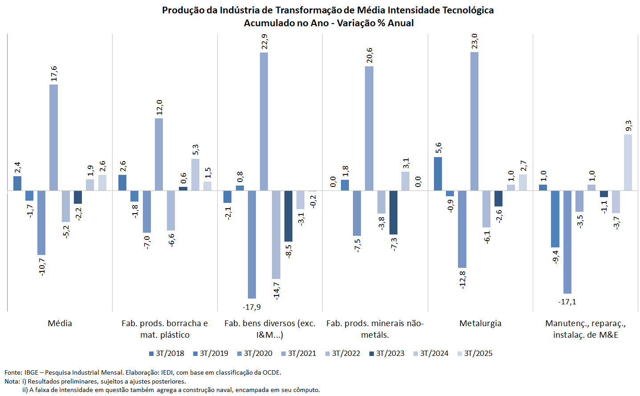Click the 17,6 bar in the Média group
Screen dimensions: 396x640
[x=53, y=137]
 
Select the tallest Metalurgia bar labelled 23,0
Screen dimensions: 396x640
[x=474, y=121]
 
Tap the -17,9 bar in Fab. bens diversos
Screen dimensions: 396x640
[x=252, y=244]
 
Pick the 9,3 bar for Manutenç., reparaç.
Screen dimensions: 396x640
[x=628, y=162]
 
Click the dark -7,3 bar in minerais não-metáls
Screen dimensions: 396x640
[x=393, y=213]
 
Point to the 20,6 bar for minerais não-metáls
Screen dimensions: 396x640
[x=369, y=128]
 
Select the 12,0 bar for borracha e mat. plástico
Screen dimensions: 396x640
[x=159, y=154]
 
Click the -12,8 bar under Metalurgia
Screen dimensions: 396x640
[x=462, y=229]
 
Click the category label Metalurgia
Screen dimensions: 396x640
[x=480, y=323]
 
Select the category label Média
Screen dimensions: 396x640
[x=60, y=323]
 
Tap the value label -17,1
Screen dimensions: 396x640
[x=567, y=302]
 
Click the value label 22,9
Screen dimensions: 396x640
[x=264, y=41]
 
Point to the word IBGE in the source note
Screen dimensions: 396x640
[x=31, y=372]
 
